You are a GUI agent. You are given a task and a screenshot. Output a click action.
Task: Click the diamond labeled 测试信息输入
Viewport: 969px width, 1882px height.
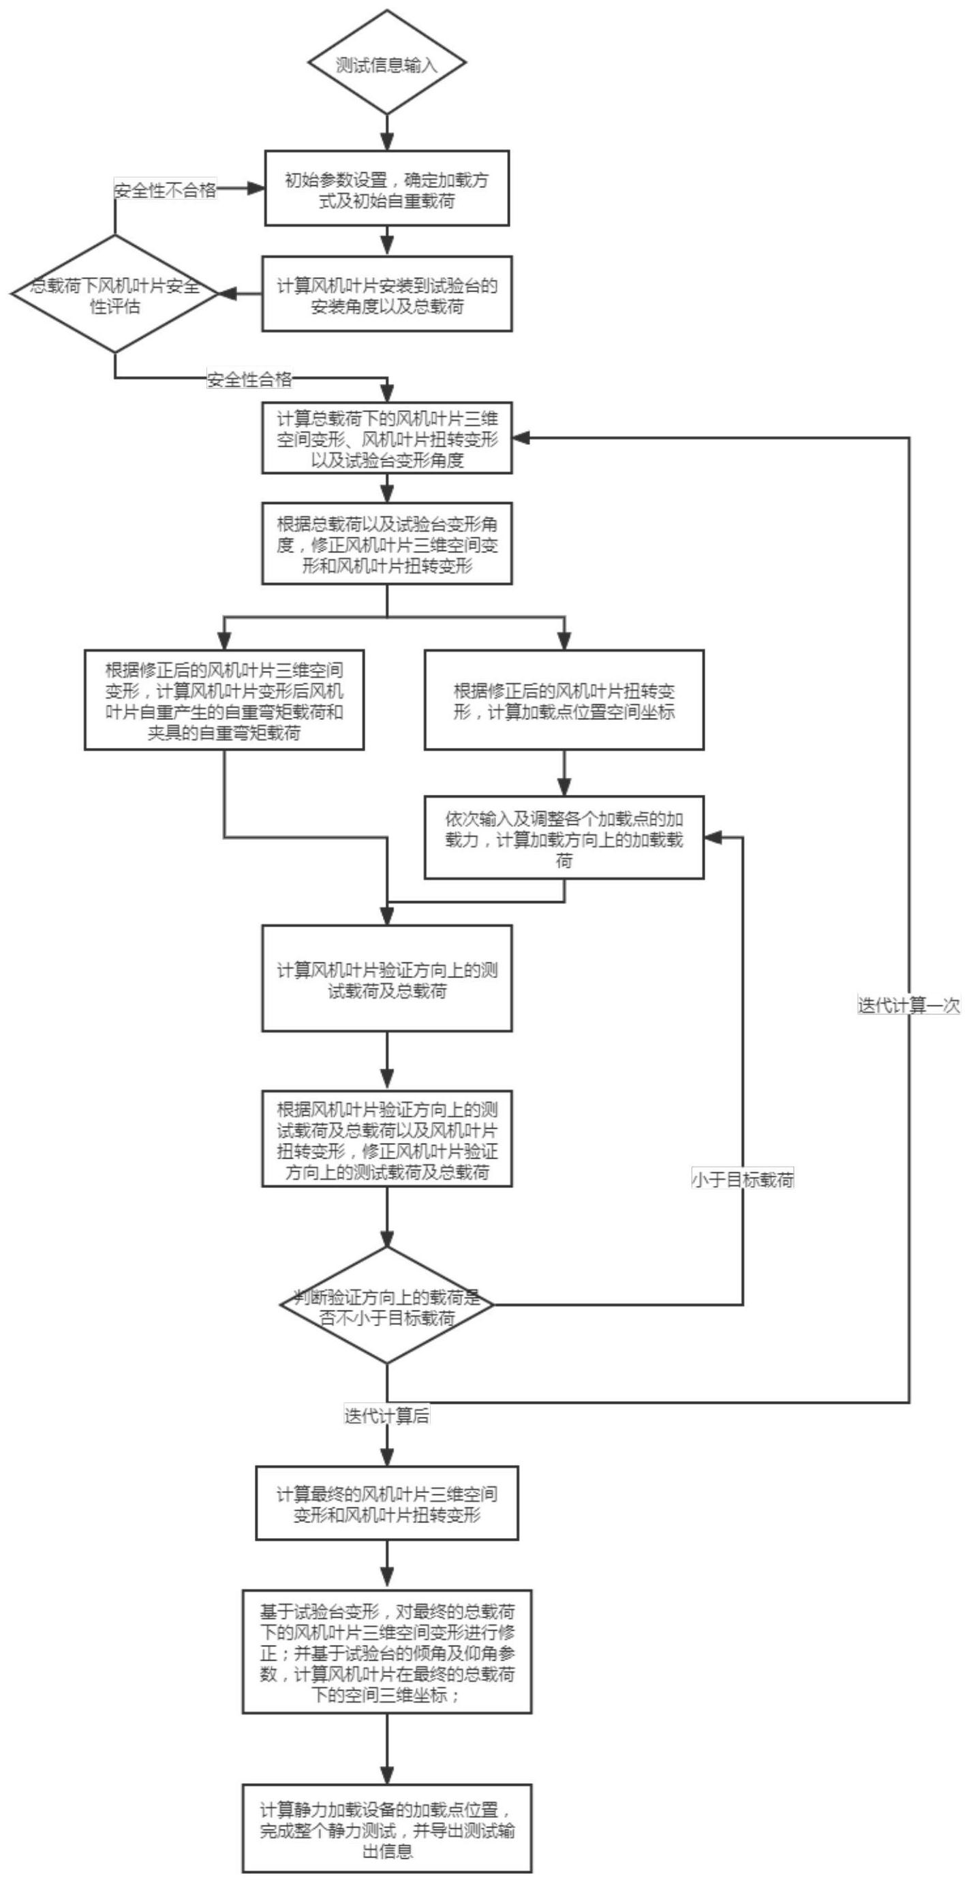click(386, 63)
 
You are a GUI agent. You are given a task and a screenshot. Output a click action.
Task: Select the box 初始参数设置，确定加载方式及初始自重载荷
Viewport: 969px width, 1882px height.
click(386, 189)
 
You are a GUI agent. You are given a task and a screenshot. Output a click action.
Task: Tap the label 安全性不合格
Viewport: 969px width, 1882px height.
click(165, 191)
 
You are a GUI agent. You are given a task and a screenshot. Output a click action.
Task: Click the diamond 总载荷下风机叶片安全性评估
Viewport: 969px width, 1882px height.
click(114, 294)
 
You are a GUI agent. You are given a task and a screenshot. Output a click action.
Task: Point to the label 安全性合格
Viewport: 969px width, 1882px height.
click(249, 379)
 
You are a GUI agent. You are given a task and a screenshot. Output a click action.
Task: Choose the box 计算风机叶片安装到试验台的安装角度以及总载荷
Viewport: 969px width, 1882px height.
click(386, 294)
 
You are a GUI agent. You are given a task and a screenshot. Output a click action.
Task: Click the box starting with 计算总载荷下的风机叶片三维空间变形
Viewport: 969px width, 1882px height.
click(386, 439)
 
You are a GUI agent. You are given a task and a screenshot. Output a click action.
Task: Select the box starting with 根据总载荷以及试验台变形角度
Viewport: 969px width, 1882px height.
click(386, 544)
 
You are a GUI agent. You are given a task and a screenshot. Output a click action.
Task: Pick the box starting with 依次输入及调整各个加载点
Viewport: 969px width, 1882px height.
click(564, 838)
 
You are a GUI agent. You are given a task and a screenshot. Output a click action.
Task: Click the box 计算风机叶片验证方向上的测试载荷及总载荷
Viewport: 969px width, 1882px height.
click(386, 979)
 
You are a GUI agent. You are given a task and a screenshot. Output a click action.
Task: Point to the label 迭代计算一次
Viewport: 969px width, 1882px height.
click(908, 1005)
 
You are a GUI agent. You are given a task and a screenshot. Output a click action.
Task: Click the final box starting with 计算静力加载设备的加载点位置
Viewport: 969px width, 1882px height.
click(386, 1829)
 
